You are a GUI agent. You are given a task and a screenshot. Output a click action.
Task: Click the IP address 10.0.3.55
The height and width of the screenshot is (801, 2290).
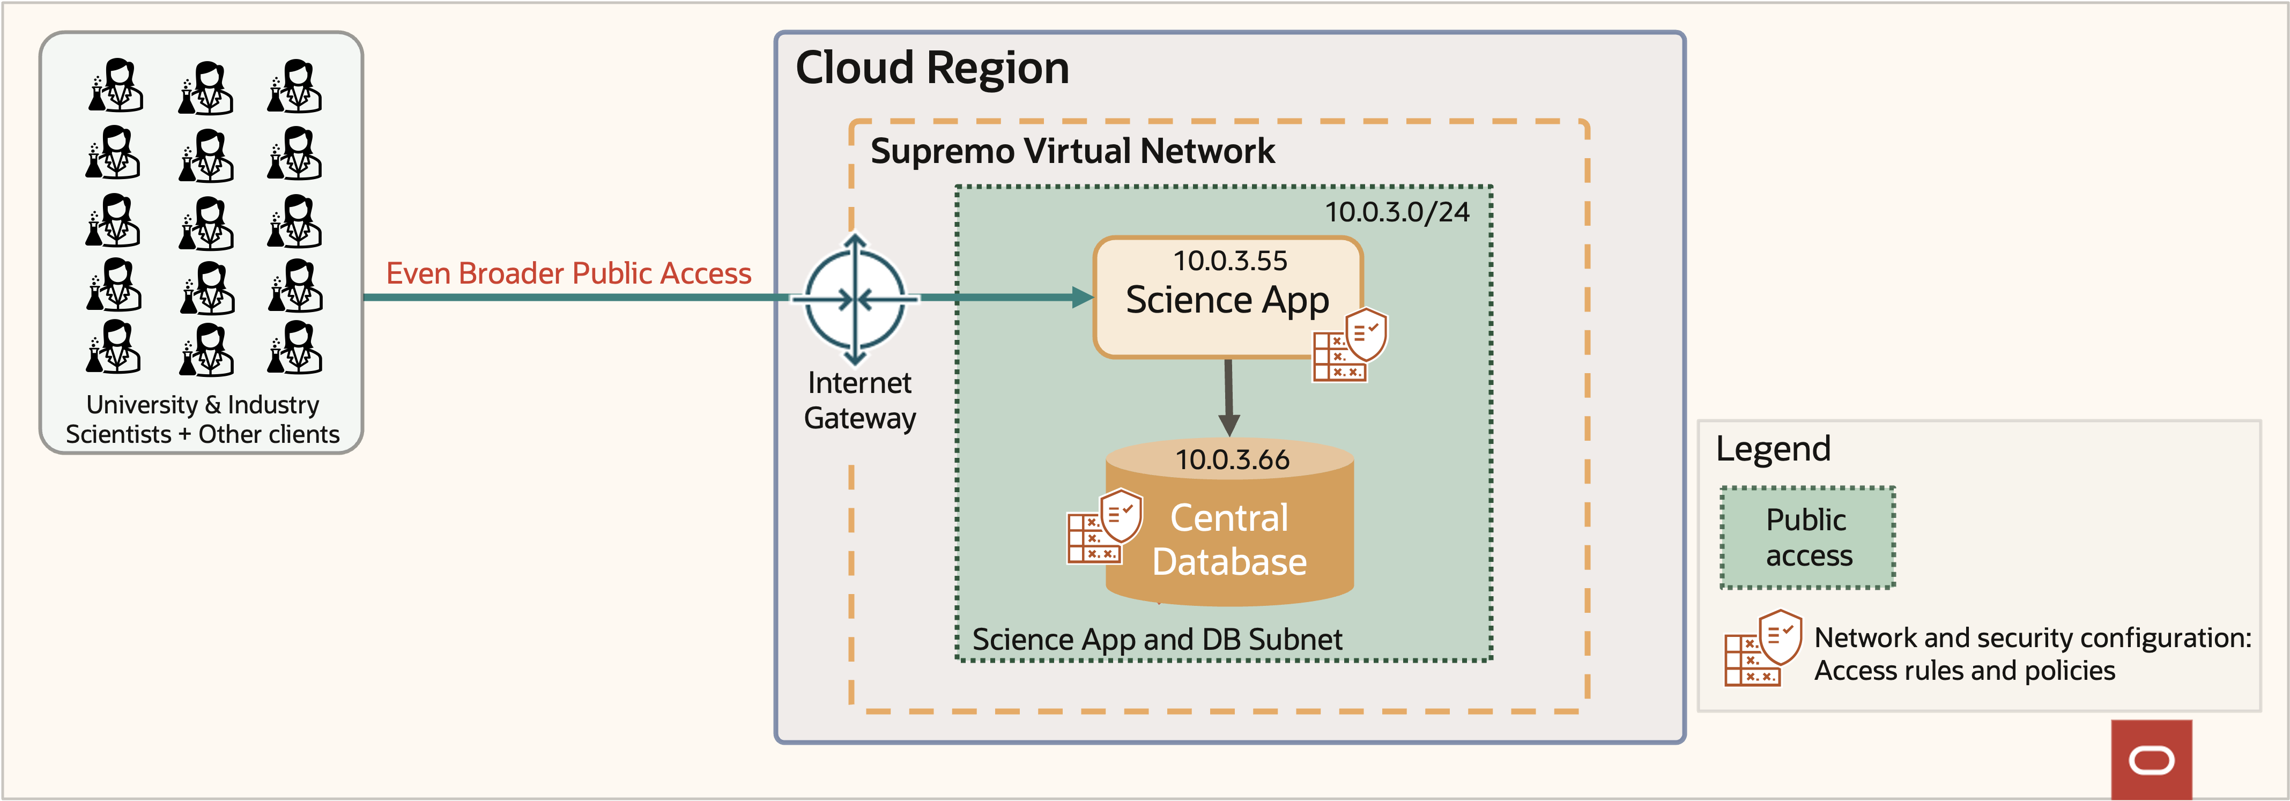pos(1229,261)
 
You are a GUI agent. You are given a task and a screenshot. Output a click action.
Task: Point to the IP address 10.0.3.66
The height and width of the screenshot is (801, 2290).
pos(1232,459)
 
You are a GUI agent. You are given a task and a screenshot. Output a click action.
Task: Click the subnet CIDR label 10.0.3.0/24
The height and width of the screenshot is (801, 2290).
pos(1397,212)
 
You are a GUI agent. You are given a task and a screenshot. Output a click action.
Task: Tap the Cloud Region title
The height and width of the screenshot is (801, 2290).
pos(932,69)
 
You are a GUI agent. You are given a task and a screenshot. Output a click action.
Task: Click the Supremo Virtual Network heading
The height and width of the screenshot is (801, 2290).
pos(1072,151)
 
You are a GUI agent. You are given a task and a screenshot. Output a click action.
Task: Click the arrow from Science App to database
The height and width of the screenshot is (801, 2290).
pos(1228,396)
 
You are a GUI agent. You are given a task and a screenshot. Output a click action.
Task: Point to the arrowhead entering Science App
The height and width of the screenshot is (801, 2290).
pos(1082,298)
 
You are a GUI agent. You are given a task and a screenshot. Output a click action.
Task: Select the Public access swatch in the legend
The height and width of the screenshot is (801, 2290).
pos(1807,537)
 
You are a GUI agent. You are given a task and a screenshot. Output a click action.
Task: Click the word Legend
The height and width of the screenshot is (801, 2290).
pos(1773,449)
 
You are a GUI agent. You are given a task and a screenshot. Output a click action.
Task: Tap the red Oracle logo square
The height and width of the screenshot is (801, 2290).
pos(2151,760)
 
